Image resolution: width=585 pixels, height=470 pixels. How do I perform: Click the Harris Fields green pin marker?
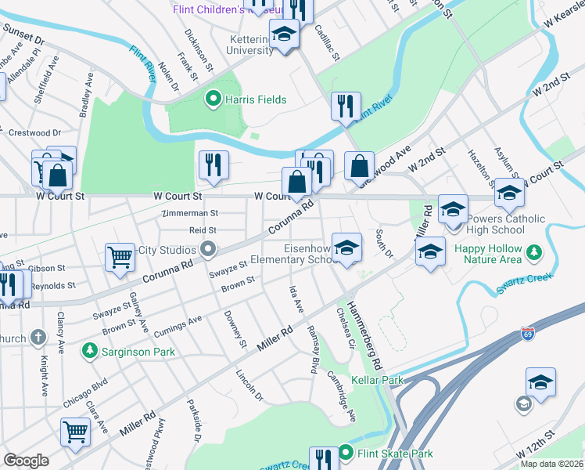click(x=211, y=99)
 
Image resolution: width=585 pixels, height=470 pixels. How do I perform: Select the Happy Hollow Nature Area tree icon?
click(x=534, y=252)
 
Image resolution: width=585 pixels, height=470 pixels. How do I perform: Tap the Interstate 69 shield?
click(x=529, y=334)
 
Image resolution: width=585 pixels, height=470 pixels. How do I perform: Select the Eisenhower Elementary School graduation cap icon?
click(x=346, y=248)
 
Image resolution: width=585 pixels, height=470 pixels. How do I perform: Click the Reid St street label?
click(x=202, y=230)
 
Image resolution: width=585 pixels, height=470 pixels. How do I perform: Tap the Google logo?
click(x=26, y=461)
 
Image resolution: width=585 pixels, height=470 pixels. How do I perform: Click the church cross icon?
click(x=38, y=338)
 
